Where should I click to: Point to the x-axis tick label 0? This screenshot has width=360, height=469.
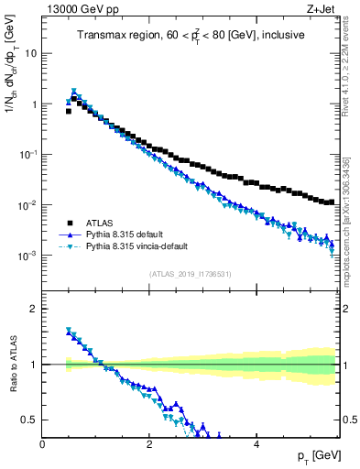coord(42,444)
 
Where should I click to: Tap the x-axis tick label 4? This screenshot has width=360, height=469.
coord(256,444)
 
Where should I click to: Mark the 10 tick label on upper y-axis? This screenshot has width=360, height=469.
coord(31,53)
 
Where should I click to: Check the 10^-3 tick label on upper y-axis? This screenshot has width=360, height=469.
coord(28,256)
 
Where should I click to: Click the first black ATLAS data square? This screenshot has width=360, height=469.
coord(69,111)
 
